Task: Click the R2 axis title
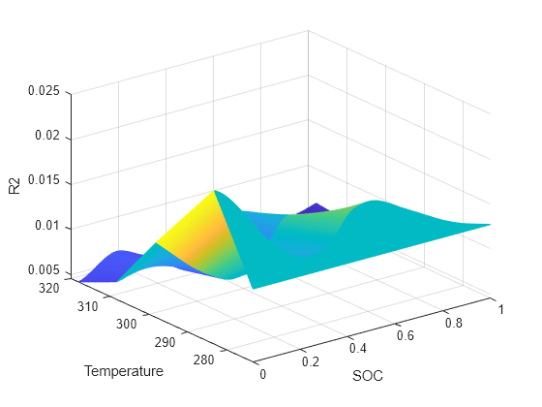[x=15, y=186]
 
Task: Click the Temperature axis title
[x=123, y=371]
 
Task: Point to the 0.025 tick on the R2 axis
[x=45, y=92]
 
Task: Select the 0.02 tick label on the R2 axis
[x=48, y=137]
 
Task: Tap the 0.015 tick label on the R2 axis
[x=45, y=182]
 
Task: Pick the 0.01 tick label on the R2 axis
[x=48, y=227]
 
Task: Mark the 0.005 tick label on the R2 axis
[x=45, y=270]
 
